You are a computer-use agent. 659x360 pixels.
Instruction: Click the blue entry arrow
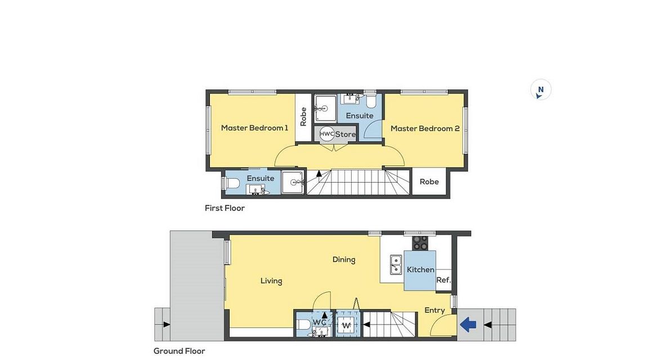pos(468,325)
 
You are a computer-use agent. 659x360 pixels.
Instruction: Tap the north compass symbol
pos(540,90)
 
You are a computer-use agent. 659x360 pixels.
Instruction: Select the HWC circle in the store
pos(326,134)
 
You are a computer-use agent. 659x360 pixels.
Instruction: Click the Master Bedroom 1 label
pos(255,128)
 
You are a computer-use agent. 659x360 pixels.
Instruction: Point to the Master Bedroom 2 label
pos(425,128)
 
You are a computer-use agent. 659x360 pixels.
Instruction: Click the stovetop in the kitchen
pos(420,243)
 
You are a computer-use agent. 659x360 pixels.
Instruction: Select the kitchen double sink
pos(396,264)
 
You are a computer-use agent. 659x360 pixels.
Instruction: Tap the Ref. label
pos(443,280)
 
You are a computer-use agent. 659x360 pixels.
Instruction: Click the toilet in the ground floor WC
pos(303,325)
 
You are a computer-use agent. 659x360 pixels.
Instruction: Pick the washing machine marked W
pos(346,326)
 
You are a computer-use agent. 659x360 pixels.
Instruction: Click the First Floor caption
pos(225,208)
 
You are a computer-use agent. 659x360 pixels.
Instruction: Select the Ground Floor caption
pos(179,351)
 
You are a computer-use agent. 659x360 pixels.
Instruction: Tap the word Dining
pos(344,260)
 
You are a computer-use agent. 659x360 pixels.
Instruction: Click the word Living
pos(271,281)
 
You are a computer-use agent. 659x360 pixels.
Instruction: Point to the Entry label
pos(434,310)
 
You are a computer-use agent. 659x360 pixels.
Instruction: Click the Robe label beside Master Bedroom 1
pos(303,116)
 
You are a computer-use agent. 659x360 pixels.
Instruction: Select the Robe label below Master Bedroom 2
pos(429,182)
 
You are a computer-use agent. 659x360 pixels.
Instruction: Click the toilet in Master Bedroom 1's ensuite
pos(232,183)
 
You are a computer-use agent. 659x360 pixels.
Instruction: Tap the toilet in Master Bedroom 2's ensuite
pos(371,102)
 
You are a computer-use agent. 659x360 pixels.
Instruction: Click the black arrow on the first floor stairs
pos(319,173)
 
